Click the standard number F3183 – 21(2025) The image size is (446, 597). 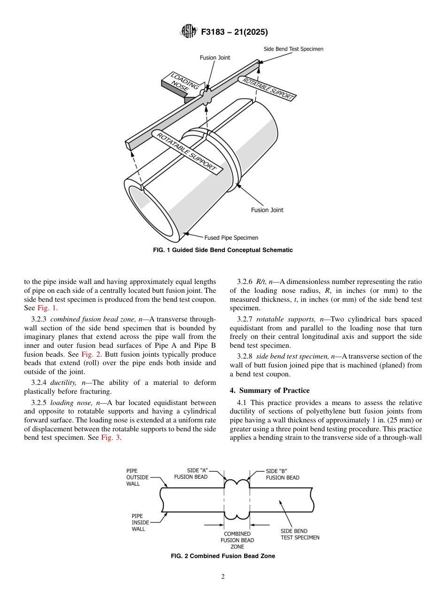(x=234, y=32)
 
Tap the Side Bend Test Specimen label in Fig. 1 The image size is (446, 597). (x=293, y=49)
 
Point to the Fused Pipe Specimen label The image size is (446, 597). (x=231, y=238)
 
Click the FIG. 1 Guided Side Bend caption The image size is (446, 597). (x=223, y=250)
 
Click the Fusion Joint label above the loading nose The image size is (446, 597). (x=215, y=58)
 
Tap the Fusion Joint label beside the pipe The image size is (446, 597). (x=267, y=210)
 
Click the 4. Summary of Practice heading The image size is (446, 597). (x=269, y=390)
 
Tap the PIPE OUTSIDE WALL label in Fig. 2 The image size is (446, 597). (x=138, y=477)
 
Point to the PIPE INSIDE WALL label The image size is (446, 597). (x=140, y=522)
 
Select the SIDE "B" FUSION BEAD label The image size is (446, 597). (x=282, y=474)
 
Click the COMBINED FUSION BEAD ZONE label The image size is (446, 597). (x=237, y=540)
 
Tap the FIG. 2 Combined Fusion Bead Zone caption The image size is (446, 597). (x=223, y=556)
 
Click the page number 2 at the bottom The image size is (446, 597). (x=223, y=577)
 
